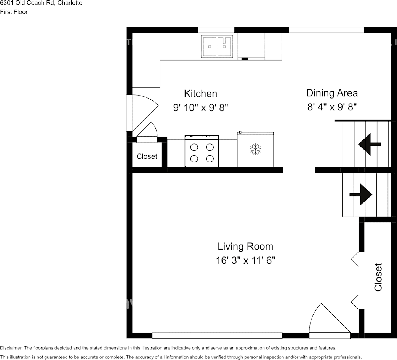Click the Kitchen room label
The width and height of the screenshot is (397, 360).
coord(200,94)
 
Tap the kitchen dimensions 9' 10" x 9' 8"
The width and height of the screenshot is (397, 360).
coord(200,108)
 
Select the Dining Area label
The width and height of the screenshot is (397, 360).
coord(332,93)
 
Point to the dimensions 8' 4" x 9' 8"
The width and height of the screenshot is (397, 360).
coord(332,107)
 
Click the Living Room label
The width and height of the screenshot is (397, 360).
coord(245,246)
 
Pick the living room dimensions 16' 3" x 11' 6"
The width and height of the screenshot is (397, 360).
coord(245,261)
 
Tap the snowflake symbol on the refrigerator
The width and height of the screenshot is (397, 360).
coord(255,149)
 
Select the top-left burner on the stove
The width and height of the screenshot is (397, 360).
coord(194,147)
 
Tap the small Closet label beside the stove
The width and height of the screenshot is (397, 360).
coord(147,156)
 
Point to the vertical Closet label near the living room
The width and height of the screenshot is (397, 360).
coord(378,277)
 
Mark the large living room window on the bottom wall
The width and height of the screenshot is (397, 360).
coord(217,335)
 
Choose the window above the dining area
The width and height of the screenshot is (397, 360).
coord(326,30)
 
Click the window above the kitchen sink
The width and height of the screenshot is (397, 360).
coord(216,30)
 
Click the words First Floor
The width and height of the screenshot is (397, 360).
coord(14,12)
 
